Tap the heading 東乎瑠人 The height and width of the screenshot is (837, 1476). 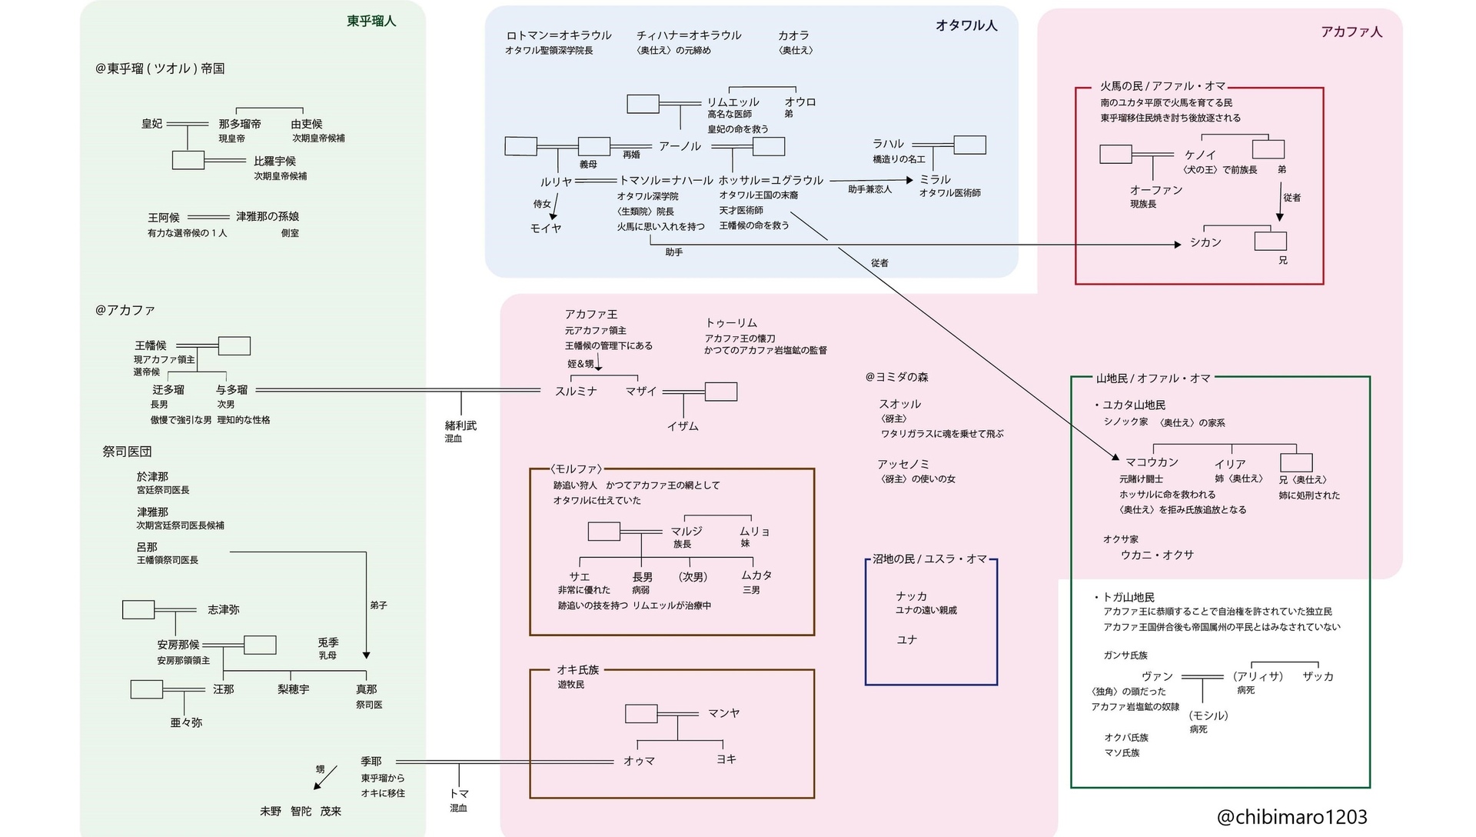371,22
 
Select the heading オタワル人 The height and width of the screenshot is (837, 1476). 966,25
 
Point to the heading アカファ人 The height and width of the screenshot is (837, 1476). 1351,32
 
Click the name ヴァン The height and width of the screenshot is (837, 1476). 1157,677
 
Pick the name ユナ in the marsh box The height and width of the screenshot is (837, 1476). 906,640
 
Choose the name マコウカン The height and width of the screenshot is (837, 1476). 1152,463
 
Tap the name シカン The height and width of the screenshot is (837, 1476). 1205,243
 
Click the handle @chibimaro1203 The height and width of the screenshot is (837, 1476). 1291,817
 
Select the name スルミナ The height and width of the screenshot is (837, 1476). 576,392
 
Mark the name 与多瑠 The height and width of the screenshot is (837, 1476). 231,390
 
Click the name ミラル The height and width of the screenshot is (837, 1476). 935,180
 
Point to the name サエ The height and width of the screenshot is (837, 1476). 579,577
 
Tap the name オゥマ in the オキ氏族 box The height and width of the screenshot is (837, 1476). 639,762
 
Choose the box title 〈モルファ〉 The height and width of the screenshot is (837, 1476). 576,469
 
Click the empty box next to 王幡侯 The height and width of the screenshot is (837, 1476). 234,346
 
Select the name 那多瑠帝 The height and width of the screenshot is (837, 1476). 240,125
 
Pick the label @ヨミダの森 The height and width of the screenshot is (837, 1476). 896,378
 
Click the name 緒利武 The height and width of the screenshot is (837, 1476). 460,426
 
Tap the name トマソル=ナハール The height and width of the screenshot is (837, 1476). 666,181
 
